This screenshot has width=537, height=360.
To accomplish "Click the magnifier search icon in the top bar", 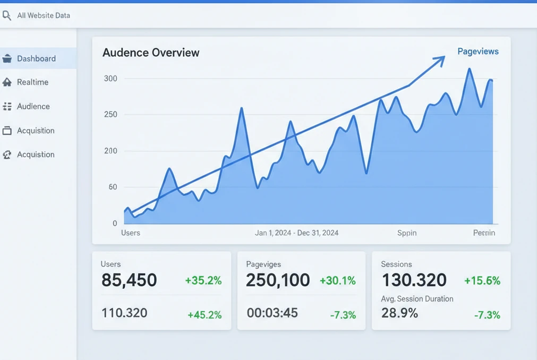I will (x=6, y=16).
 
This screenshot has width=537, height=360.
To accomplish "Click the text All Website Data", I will (x=44, y=15).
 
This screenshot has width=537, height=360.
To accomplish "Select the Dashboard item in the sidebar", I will (x=36, y=58).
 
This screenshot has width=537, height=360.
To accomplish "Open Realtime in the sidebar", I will (x=32, y=82).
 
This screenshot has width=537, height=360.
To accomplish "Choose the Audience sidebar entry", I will (x=33, y=106).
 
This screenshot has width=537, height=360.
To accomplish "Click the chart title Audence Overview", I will (x=151, y=53).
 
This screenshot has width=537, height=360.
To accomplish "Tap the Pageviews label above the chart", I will (x=478, y=52).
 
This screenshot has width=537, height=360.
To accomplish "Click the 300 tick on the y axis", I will (x=110, y=79).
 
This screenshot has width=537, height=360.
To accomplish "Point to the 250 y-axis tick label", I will (x=110, y=115).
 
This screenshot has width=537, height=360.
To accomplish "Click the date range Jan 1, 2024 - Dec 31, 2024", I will (x=296, y=233).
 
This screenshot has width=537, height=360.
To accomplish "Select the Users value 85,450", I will (x=129, y=280).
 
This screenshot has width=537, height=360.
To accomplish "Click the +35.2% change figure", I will (x=203, y=280).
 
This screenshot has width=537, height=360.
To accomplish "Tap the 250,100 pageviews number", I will (x=278, y=280).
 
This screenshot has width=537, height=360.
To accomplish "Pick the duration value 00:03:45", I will (x=272, y=313).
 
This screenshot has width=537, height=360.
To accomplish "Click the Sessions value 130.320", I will (x=414, y=280).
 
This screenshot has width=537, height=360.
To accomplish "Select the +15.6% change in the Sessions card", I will (x=482, y=280).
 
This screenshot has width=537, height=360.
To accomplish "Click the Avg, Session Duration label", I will (x=417, y=299).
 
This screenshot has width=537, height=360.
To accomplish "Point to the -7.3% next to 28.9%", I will (x=487, y=315).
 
